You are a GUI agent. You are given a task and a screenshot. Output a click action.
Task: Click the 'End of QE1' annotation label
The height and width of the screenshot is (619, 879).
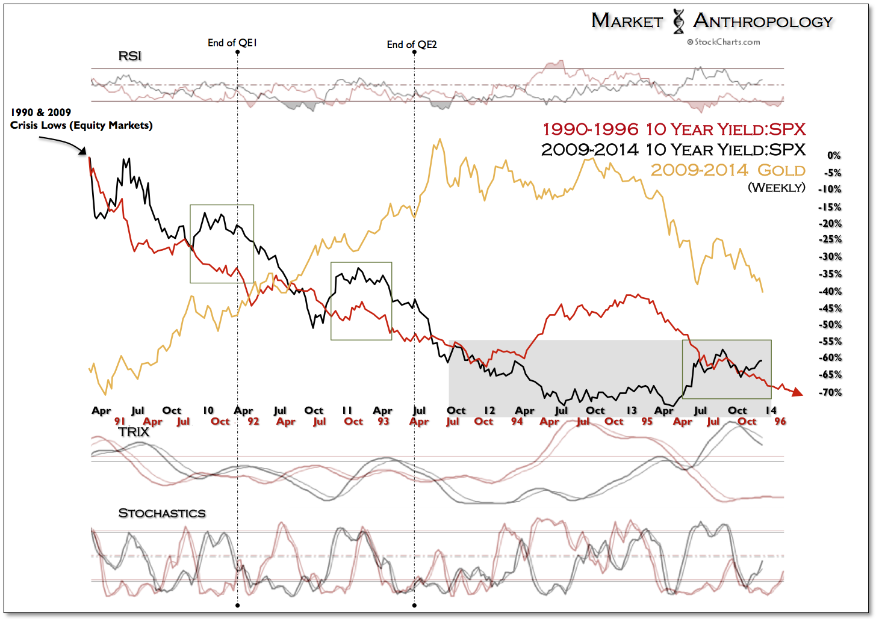(x=232, y=43)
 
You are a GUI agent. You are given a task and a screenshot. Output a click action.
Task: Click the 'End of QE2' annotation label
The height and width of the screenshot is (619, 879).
(x=412, y=45)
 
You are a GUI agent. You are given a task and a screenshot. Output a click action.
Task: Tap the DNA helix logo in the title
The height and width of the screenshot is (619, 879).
(x=679, y=21)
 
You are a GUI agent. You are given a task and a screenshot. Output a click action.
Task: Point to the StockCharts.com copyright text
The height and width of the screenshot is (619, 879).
(x=724, y=42)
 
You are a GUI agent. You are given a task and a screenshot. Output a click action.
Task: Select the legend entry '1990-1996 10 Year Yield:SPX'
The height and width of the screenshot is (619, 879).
(x=674, y=129)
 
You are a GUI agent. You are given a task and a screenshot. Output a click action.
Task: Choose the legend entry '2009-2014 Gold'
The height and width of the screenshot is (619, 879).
(x=728, y=170)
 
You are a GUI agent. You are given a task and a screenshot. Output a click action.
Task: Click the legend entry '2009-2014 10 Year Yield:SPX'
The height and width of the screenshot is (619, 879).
(x=673, y=150)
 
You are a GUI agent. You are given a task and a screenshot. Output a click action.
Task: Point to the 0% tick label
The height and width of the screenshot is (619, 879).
(x=833, y=155)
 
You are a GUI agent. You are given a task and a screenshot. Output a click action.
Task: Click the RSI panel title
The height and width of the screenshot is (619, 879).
(x=129, y=56)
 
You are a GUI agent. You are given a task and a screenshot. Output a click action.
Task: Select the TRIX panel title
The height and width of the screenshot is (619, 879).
(x=134, y=432)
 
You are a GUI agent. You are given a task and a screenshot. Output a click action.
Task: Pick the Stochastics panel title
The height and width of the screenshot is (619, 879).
(x=161, y=513)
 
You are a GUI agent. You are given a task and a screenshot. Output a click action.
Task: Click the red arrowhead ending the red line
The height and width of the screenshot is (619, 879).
(x=797, y=393)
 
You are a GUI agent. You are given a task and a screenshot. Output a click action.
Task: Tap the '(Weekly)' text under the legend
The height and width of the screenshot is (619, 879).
(x=776, y=188)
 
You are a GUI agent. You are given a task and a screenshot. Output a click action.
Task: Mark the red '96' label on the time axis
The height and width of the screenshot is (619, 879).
(x=780, y=421)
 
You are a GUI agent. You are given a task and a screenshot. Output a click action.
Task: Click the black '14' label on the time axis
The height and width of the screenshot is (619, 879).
(x=771, y=410)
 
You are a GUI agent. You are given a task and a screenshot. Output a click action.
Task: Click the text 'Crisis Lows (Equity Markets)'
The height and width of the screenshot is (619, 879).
(x=81, y=125)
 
